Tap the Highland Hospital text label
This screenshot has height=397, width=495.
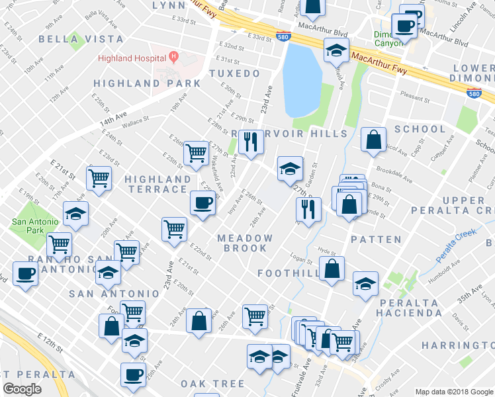pyautogui.click(x=131, y=58)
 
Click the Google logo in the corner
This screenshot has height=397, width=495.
pyautogui.click(x=22, y=389)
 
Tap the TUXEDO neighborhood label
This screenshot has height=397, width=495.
pyautogui.click(x=235, y=73)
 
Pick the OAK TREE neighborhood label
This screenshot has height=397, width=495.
pyautogui.click(x=212, y=384)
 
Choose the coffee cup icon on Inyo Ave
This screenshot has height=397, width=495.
pyautogui.click(x=202, y=203)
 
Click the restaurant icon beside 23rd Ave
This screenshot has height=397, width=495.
pyautogui.click(x=250, y=142)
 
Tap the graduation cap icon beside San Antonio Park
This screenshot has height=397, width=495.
pyautogui.click(x=76, y=215)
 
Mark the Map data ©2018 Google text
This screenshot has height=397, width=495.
pyautogui.click(x=453, y=391)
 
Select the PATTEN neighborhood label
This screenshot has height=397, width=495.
pyautogui.click(x=376, y=239)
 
